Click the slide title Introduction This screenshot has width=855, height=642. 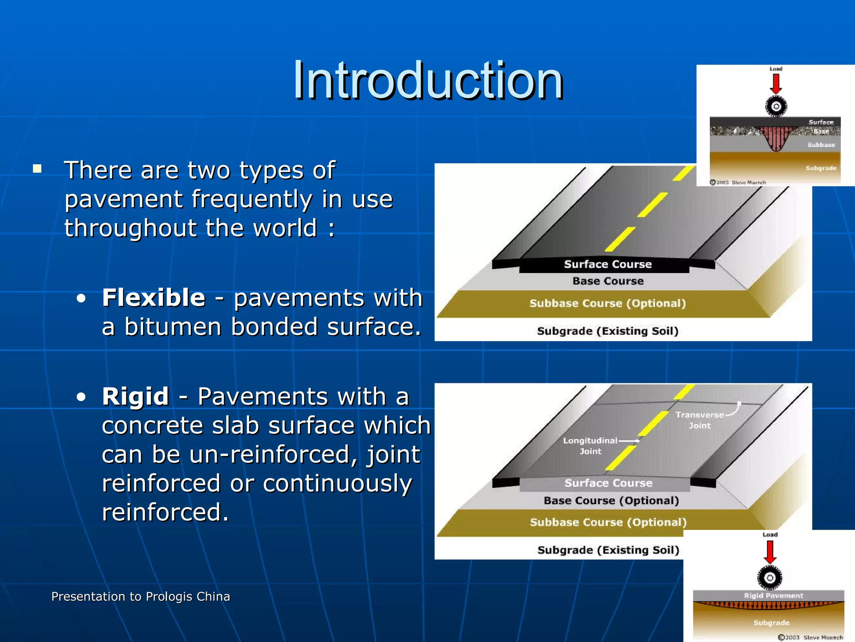[x=428, y=80]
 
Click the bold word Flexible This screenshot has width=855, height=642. [x=154, y=298]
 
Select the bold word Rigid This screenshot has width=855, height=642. [x=135, y=396]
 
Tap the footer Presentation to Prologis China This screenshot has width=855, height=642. [x=140, y=596]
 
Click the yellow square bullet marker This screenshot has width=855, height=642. [x=38, y=169]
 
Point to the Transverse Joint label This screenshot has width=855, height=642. [x=700, y=420]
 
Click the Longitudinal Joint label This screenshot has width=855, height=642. [x=590, y=446]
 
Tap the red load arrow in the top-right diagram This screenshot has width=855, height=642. [x=776, y=84]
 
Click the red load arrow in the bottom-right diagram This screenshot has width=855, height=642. [x=770, y=552]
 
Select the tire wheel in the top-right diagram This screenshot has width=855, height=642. [x=776, y=106]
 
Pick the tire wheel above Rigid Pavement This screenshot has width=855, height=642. [x=769, y=578]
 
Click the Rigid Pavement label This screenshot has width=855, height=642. [x=773, y=596]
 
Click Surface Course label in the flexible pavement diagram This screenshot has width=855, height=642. [x=607, y=264]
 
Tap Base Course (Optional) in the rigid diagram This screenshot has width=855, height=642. [x=611, y=500]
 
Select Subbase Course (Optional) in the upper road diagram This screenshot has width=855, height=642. [x=607, y=303]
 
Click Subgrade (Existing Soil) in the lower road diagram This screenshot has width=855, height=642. [x=608, y=550]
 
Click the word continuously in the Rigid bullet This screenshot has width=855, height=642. [x=337, y=484]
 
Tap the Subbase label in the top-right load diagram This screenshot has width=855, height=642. [x=821, y=145]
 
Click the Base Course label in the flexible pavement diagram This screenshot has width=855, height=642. [x=608, y=281]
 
